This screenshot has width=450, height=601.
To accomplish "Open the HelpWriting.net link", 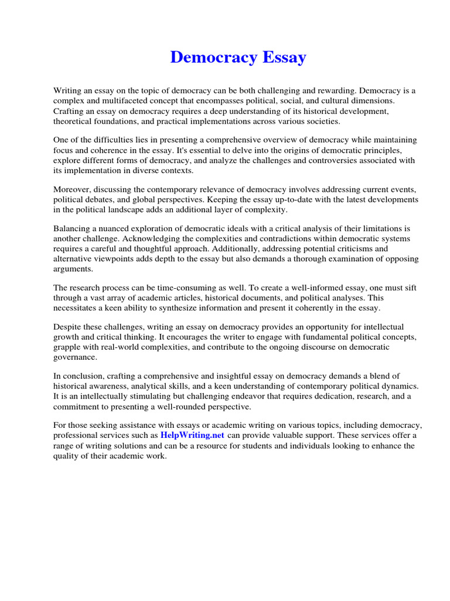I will [192, 435].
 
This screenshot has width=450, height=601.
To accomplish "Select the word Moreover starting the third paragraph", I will [73, 189].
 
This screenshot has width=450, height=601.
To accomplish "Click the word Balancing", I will [73, 228].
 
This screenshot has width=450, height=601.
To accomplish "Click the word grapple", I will [69, 346].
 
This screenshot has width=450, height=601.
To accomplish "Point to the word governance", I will [75, 356].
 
